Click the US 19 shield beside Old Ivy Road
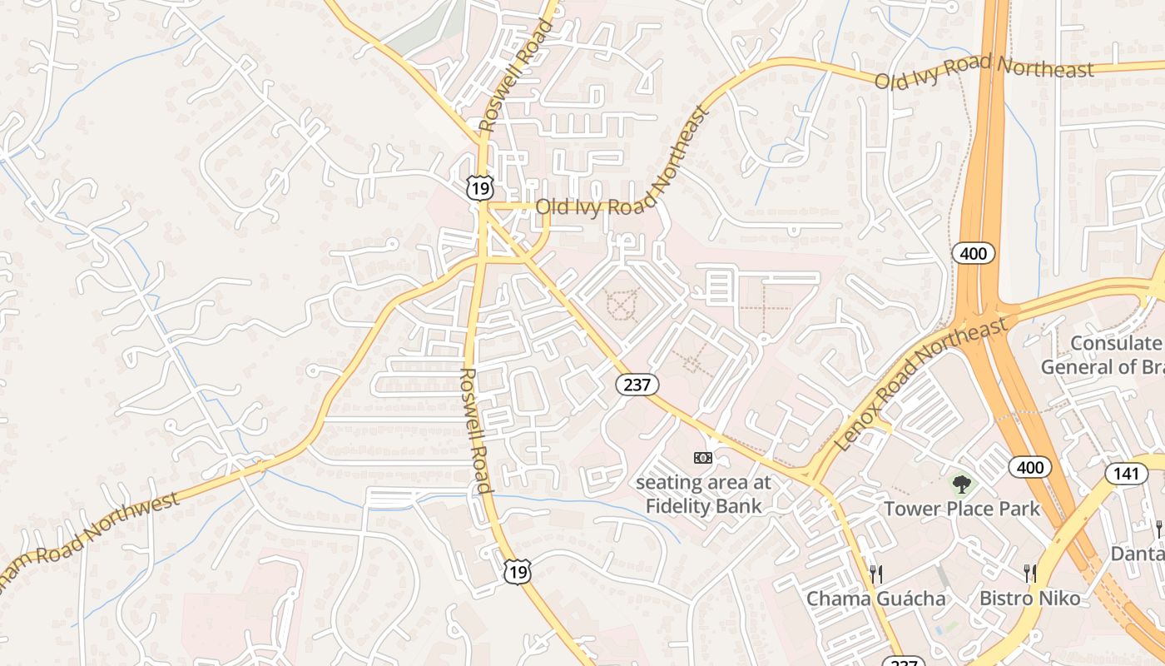tap(479, 189)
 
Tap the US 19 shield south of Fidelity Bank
tap(517, 572)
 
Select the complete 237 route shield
tap(637, 384)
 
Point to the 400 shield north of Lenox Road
tap(974, 253)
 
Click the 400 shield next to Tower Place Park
tap(1030, 467)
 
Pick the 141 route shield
tap(1124, 474)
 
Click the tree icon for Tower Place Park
tap(961, 483)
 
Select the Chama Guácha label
tap(875, 599)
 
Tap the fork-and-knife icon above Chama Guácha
tap(875, 574)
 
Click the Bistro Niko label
tap(1029, 598)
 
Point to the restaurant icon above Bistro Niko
tap(1030, 573)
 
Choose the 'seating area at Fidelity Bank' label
tap(703, 494)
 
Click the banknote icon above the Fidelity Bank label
tap(703, 457)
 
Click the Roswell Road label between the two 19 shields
tap(474, 430)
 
